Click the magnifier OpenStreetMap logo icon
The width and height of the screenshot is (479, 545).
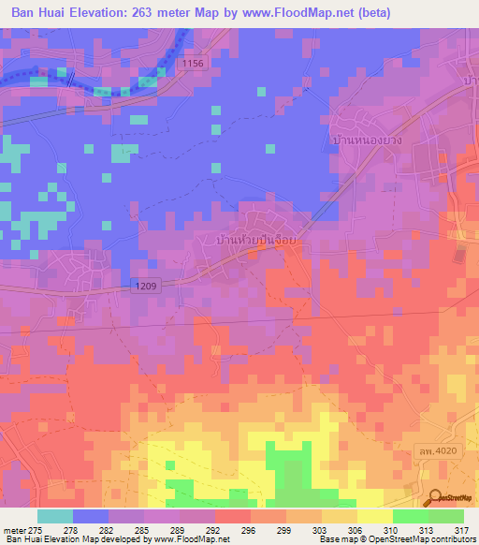pos(436,498)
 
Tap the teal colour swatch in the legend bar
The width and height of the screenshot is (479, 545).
pos(55,516)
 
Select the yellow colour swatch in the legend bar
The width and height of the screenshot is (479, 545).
pos(374,516)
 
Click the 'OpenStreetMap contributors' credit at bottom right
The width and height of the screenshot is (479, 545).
pos(420,539)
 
